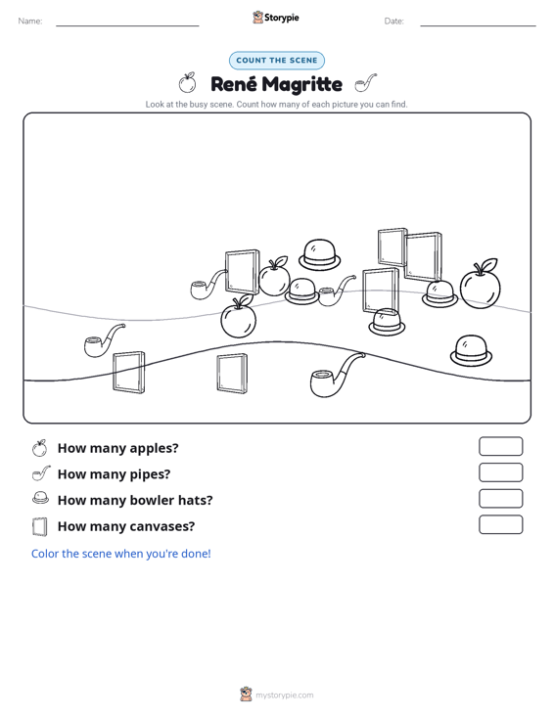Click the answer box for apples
500,446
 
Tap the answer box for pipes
500,472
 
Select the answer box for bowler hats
500,499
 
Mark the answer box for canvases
500,524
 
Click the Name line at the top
127,25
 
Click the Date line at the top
478,25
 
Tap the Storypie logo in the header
275,18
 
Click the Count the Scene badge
277,61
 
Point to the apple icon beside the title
187,82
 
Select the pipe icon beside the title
366,83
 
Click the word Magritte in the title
302,84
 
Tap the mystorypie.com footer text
284,695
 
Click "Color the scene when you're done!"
120,554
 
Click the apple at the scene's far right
480,284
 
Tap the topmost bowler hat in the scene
320,254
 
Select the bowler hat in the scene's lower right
471,351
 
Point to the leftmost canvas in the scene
128,373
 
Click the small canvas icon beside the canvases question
40,526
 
